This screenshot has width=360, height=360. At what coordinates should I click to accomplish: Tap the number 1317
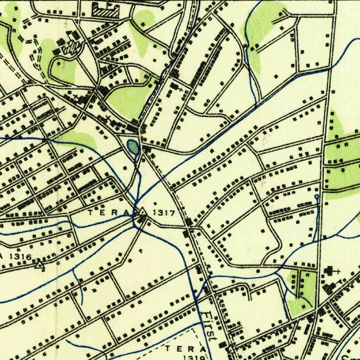pos(164,213)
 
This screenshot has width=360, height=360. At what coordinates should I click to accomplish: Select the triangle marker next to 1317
pos(142,212)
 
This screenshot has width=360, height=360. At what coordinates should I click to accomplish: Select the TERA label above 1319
pos(186,349)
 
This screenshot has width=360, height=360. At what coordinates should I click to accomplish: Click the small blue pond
pos(133,146)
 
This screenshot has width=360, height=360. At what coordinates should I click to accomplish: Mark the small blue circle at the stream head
pos(317,197)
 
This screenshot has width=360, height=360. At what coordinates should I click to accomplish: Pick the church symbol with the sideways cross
pos(330,271)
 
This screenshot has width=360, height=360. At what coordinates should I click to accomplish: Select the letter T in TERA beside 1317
pos(90,212)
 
